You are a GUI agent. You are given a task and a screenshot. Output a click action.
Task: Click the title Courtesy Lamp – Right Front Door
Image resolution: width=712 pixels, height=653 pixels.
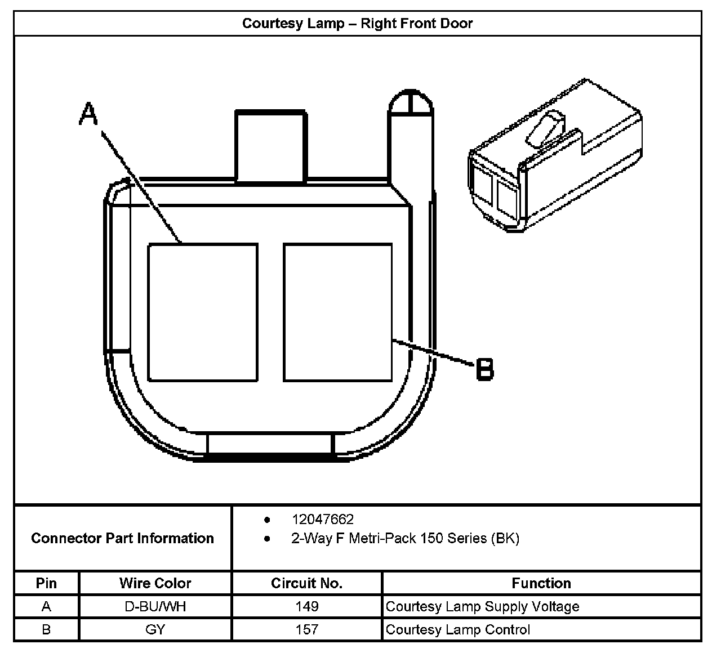357,24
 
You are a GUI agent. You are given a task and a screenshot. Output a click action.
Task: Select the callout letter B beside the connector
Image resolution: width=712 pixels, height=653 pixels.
484,370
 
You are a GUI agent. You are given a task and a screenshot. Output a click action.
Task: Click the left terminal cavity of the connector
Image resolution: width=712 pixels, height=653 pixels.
203,312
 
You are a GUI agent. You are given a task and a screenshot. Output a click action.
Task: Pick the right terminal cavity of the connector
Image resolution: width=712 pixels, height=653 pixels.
337,312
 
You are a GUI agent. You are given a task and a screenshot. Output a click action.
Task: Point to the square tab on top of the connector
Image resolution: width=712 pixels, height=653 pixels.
271,146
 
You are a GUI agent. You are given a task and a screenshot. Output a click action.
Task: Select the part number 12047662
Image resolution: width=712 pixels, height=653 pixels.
322,519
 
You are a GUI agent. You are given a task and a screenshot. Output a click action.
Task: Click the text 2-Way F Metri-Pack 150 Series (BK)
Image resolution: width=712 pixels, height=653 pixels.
405,538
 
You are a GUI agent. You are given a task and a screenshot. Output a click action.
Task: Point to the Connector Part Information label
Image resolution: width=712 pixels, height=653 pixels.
122,538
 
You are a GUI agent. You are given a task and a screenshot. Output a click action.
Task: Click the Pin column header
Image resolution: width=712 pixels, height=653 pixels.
46,583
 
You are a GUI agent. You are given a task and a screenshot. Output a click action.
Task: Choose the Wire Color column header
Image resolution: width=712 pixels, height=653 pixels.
155,583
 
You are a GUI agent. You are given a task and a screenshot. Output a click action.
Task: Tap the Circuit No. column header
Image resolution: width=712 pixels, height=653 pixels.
306,583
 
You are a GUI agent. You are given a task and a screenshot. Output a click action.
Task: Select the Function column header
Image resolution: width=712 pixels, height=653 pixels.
541,583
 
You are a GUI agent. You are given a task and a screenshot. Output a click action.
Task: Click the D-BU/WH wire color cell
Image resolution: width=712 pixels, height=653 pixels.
155,606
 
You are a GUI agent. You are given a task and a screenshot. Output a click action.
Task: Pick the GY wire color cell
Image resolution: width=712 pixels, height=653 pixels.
155,629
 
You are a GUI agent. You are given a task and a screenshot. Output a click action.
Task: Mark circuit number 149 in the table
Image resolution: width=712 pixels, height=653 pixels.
306,606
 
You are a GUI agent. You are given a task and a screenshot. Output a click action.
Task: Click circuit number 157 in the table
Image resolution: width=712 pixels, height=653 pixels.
306,629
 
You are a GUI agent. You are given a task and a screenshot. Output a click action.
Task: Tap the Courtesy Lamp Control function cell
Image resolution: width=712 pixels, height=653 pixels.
457,629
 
